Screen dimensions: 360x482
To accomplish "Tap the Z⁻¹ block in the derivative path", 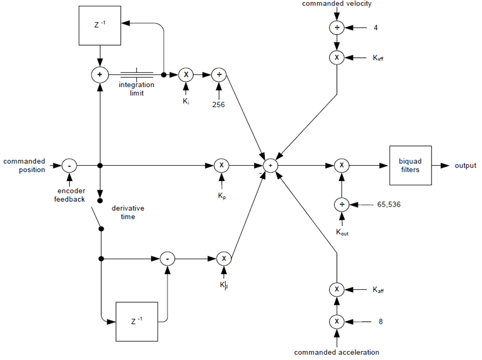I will click(x=137, y=321).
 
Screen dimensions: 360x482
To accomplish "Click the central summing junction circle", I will click(x=270, y=165).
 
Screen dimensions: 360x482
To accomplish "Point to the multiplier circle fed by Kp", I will click(x=222, y=165).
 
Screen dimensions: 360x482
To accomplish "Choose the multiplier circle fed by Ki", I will click(x=185, y=75).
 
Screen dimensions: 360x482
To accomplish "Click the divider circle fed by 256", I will click(x=218, y=75).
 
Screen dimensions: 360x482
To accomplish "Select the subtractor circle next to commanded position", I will click(x=69, y=165).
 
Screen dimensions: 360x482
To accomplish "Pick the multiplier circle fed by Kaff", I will click(x=336, y=289).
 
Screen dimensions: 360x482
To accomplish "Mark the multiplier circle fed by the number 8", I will click(x=336, y=321).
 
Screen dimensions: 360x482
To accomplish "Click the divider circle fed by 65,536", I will click(x=341, y=205).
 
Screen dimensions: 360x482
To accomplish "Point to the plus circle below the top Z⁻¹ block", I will click(x=99, y=75).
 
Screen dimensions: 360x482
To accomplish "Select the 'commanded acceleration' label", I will click(x=336, y=352).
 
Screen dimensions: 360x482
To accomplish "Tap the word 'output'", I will click(x=465, y=165).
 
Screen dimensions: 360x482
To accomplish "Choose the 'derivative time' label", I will click(x=128, y=213).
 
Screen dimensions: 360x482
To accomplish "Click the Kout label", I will click(x=341, y=232).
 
